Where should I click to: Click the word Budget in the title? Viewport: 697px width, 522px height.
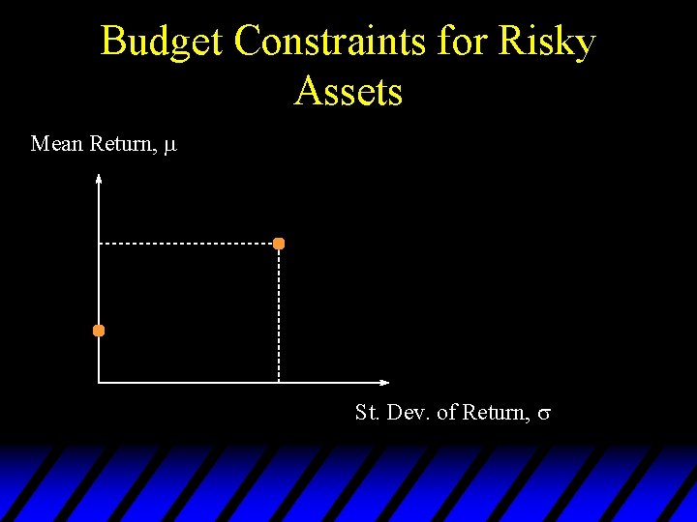(x=162, y=42)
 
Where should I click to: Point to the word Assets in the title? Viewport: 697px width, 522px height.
(x=348, y=92)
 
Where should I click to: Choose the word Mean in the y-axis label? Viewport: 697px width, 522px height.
(x=57, y=144)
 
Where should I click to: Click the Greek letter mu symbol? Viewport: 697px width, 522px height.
(x=169, y=146)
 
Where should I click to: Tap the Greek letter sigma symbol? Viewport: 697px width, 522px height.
(x=544, y=415)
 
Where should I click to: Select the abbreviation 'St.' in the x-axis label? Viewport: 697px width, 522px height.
(x=367, y=413)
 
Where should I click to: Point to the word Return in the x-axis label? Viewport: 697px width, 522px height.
(x=496, y=413)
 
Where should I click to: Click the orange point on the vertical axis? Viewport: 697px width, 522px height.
(x=99, y=331)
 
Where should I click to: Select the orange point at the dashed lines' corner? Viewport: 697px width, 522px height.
(x=279, y=244)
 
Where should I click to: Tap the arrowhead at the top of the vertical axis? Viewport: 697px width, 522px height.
(x=99, y=178)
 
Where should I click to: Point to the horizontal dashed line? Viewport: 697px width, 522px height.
(x=189, y=244)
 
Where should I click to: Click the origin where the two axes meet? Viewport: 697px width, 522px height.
(x=99, y=383)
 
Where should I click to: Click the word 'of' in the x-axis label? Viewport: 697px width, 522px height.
(x=446, y=413)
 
